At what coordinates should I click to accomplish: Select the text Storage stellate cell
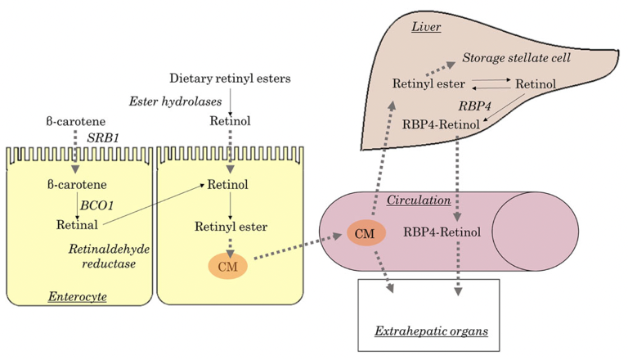click(x=517, y=59)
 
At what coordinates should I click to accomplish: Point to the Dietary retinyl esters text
click(x=230, y=79)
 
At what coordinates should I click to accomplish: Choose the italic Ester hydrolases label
click(x=174, y=101)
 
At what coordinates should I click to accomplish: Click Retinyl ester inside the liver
click(x=428, y=83)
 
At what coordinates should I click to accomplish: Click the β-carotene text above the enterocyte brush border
click(x=74, y=121)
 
